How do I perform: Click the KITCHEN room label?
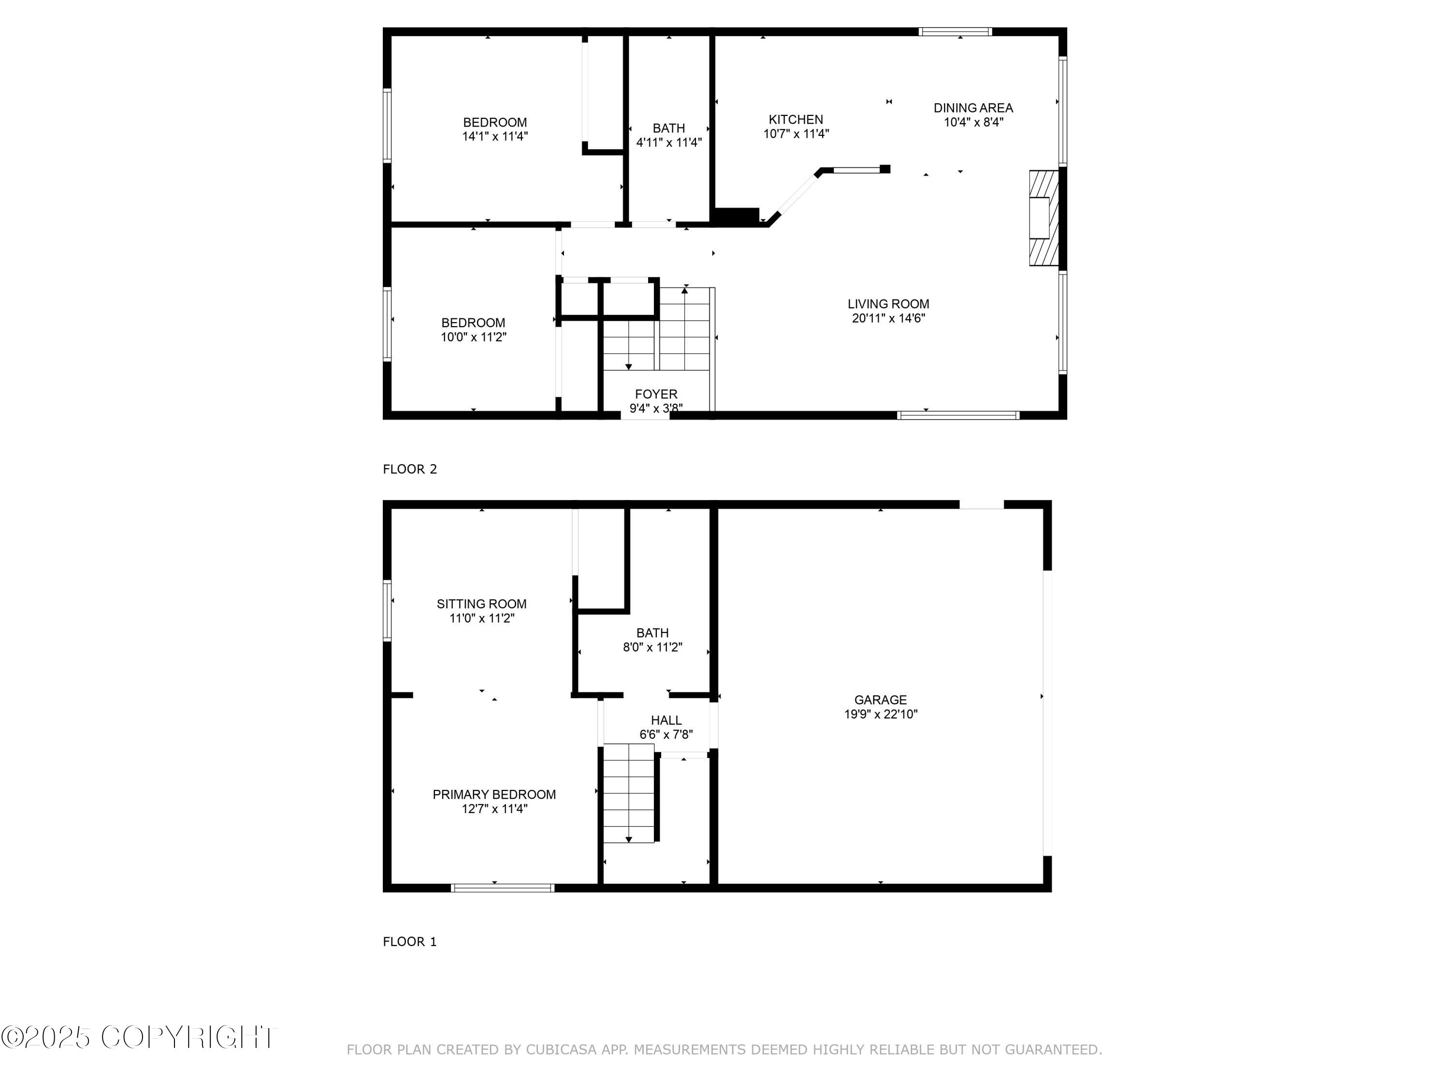point(796,119)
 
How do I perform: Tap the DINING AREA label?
point(973,107)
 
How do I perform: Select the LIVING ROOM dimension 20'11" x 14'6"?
point(888,318)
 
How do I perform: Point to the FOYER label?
point(655,394)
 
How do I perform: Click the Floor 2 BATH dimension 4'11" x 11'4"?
point(668,142)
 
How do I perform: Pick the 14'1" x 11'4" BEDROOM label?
point(494,123)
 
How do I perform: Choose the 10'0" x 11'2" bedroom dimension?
point(473,337)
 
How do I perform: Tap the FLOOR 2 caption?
point(410,469)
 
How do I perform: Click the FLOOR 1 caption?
point(410,942)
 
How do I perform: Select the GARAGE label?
point(880,700)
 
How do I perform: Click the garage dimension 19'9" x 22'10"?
point(880,714)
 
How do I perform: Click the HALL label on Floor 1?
point(666,720)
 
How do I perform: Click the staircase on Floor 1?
point(629,793)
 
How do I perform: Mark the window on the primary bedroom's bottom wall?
point(503,888)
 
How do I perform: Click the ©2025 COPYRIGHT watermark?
point(139,1037)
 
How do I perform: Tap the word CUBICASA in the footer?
point(561,1050)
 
